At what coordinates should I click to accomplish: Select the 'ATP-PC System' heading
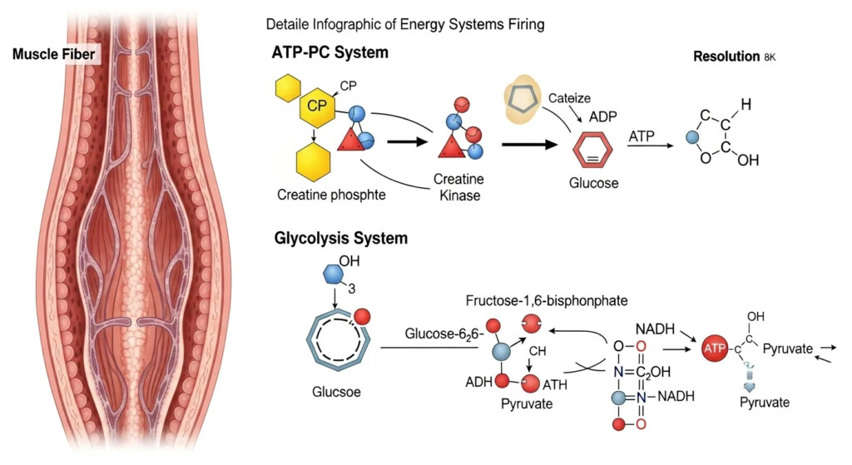point(330,52)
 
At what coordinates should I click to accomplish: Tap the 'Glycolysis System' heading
point(340,239)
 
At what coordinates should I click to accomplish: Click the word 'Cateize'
point(569,98)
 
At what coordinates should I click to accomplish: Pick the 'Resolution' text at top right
point(726,57)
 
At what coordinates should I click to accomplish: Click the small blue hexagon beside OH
point(330,275)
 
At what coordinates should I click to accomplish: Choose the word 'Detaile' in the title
point(288,25)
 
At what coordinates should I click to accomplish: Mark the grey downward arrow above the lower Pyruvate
point(749,383)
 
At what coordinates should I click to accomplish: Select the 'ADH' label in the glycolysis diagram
point(478,383)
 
